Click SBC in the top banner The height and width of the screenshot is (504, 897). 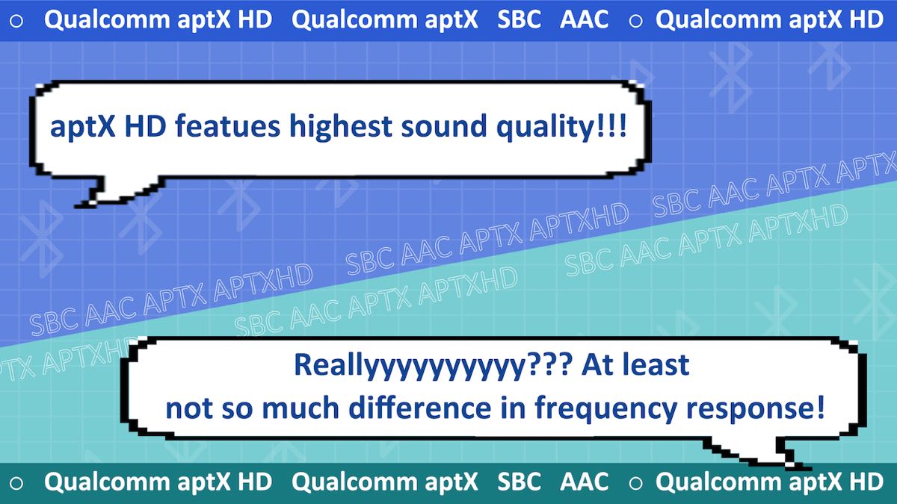[519, 19]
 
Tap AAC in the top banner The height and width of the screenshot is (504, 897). [585, 19]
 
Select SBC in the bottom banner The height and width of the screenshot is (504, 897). [519, 481]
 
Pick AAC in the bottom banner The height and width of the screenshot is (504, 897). [585, 481]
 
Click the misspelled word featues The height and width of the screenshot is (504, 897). [227, 126]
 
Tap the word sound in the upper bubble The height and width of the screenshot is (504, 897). [444, 127]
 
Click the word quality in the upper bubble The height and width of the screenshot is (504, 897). [546, 128]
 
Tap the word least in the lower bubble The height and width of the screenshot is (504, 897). [659, 364]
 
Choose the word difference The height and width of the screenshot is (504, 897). [419, 407]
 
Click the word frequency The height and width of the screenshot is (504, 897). [606, 409]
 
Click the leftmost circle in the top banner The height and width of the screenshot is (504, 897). [16, 21]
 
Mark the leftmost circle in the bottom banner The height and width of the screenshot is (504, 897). [16, 483]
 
